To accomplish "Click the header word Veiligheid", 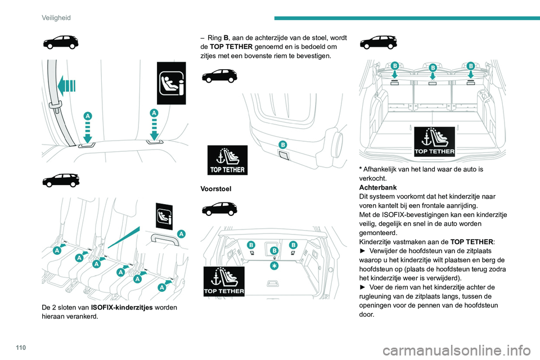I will click(56, 18).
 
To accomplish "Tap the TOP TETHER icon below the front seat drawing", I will click(227, 160).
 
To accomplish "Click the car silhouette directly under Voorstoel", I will click(219, 209).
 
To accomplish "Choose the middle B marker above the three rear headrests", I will click(432, 68).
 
